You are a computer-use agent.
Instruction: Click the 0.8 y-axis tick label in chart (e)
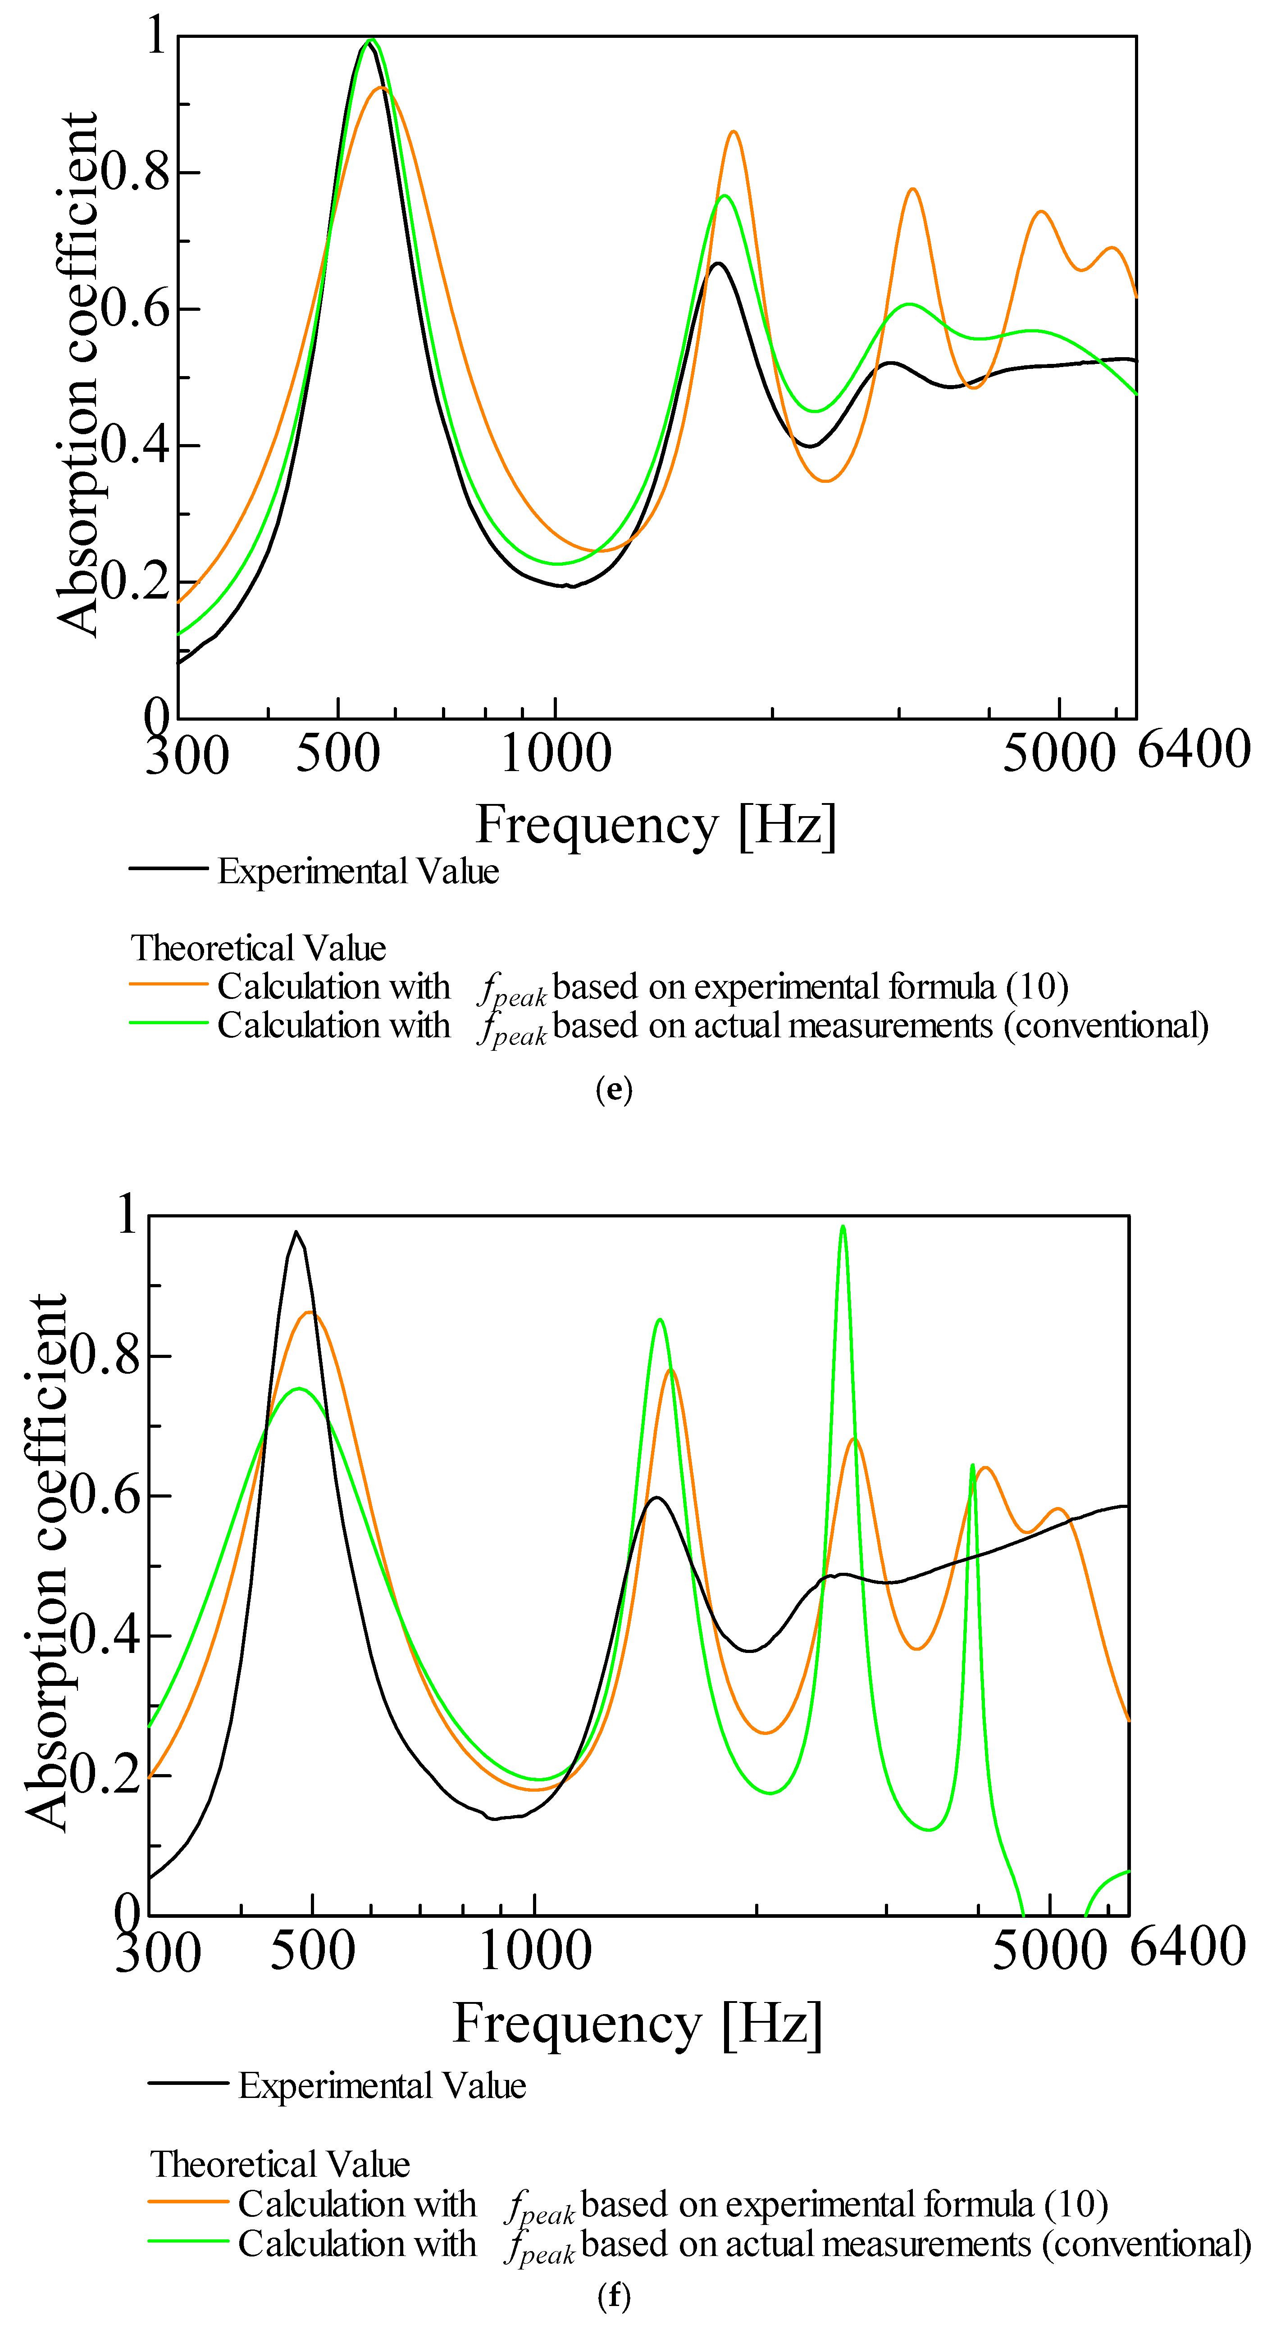click(x=136, y=172)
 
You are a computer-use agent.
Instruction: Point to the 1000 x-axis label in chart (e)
click(x=555, y=753)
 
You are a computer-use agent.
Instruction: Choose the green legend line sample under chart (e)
click(x=168, y=1022)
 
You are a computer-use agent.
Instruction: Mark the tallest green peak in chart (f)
click(x=843, y=1227)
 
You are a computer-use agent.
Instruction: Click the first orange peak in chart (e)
click(x=383, y=88)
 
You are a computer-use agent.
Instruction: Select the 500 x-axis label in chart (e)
click(x=337, y=753)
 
